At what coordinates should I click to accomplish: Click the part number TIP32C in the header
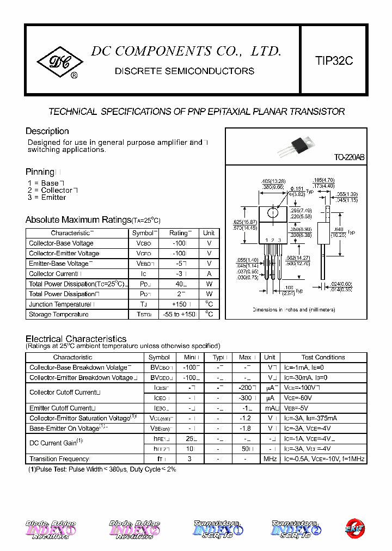(x=334, y=61)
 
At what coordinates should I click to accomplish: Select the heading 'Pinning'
(x=40, y=172)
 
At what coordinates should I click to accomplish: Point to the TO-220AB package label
(x=349, y=157)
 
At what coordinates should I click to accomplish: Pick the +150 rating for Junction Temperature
(x=178, y=304)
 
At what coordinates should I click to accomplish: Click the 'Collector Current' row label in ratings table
(x=56, y=274)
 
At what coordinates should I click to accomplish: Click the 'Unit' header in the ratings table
(x=209, y=232)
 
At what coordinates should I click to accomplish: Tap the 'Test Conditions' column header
(x=323, y=357)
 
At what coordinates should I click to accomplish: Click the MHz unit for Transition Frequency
(x=269, y=459)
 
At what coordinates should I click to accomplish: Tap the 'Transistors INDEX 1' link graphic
(x=218, y=529)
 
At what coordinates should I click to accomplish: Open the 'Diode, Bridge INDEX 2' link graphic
(x=134, y=529)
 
